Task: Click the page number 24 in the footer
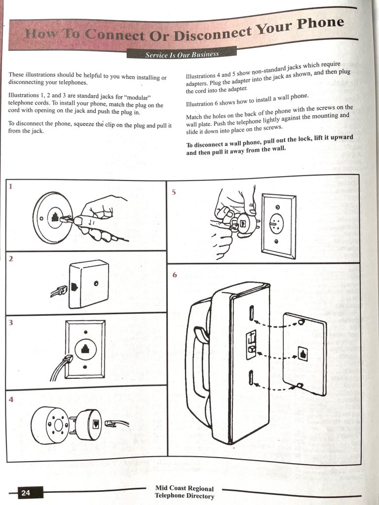click(26, 493)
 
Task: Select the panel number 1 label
click(10, 186)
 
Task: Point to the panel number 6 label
click(174, 275)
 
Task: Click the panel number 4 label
click(10, 399)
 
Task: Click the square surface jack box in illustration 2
click(89, 285)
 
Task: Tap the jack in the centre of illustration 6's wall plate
click(303, 354)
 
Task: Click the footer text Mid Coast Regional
click(184, 489)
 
